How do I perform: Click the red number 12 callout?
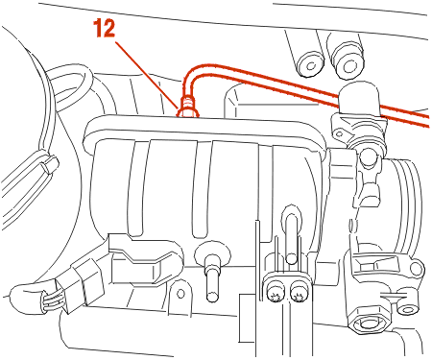(x=104, y=28)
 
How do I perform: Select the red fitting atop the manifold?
(x=188, y=108)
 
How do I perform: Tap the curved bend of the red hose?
(x=191, y=74)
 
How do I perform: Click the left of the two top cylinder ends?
(x=310, y=65)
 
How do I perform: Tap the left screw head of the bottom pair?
(x=275, y=291)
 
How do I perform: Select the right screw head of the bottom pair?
(x=299, y=291)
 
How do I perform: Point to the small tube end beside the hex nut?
(x=407, y=309)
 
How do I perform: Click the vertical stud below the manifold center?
(x=211, y=276)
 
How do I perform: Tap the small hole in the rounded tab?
(x=180, y=293)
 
